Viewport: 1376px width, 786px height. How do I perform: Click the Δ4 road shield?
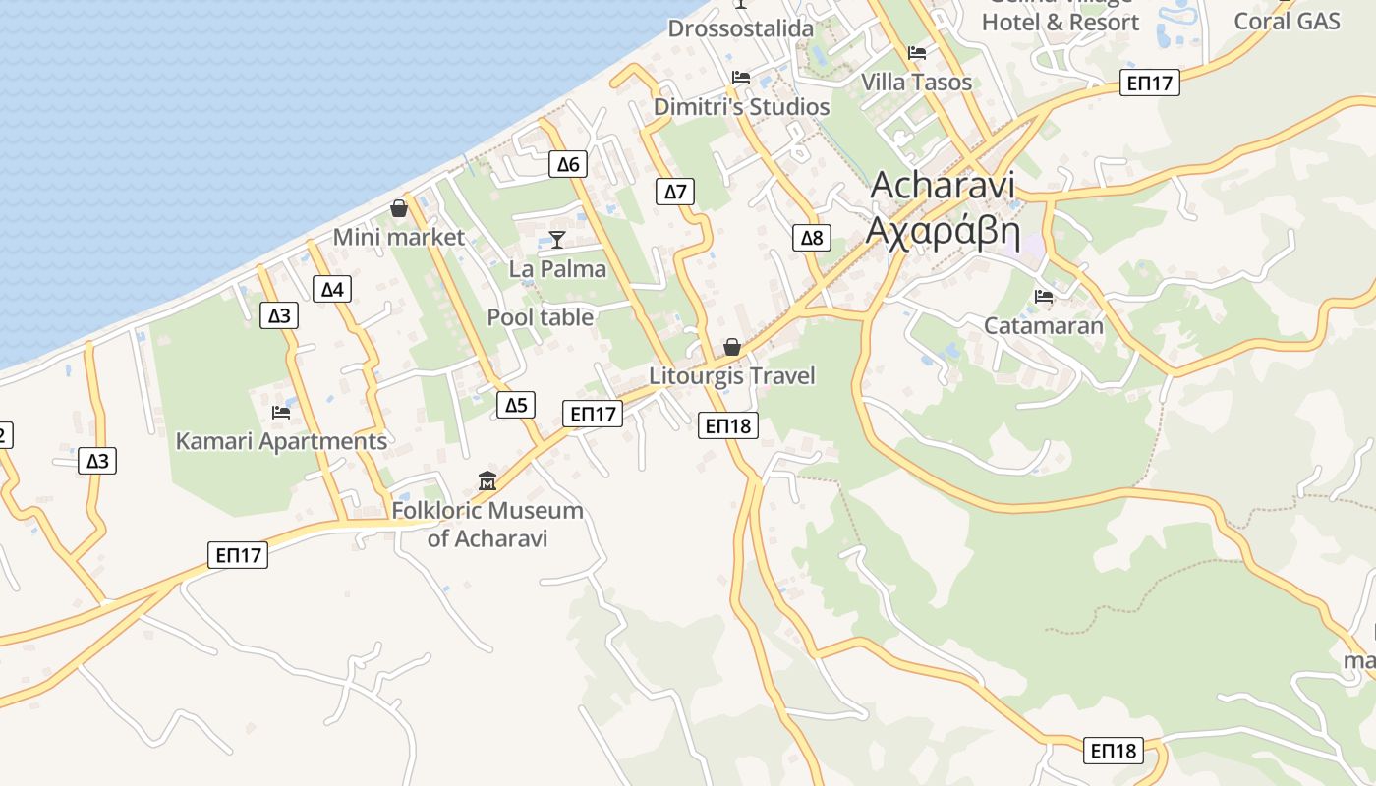(333, 289)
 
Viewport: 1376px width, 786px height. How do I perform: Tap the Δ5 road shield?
(516, 404)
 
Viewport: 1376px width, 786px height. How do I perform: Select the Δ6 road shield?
(568, 164)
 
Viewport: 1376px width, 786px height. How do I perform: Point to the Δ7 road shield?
(675, 191)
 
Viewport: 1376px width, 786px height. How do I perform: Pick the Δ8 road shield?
(812, 237)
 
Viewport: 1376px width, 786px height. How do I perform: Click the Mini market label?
(398, 237)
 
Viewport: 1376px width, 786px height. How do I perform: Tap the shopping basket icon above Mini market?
(399, 208)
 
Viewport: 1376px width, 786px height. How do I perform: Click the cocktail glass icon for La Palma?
(557, 240)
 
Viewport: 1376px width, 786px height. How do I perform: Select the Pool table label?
(541, 317)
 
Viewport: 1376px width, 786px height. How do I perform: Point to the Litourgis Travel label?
(732, 376)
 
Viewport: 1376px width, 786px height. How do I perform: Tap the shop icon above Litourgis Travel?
(732, 347)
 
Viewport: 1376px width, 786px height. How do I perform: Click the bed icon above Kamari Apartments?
(281, 412)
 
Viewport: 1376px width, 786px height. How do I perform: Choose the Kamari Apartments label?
(281, 441)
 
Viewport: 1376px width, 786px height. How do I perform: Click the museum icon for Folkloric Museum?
(487, 481)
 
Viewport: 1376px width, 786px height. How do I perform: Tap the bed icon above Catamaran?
(1044, 296)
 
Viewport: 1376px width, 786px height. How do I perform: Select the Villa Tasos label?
(916, 82)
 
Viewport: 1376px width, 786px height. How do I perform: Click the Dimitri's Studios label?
(742, 107)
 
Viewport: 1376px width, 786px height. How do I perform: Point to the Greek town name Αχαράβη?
(943, 232)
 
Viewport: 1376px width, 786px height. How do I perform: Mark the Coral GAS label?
(1288, 21)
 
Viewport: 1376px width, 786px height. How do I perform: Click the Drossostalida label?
(741, 28)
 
